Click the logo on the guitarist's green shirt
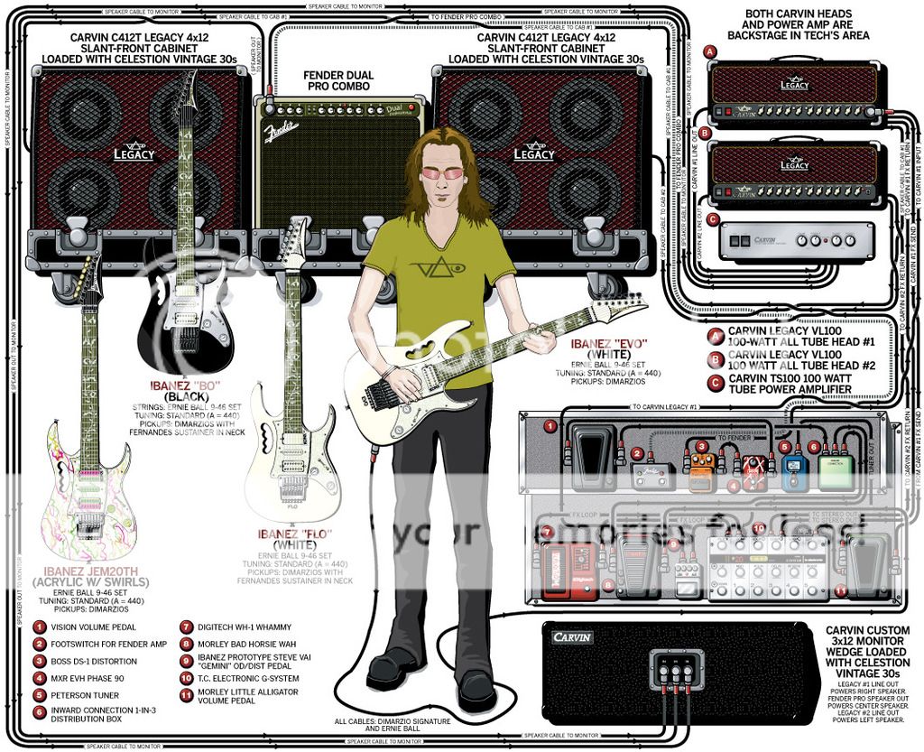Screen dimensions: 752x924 (437, 267)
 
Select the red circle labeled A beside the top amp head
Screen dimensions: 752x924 (711, 52)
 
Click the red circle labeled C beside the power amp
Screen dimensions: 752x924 (713, 218)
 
